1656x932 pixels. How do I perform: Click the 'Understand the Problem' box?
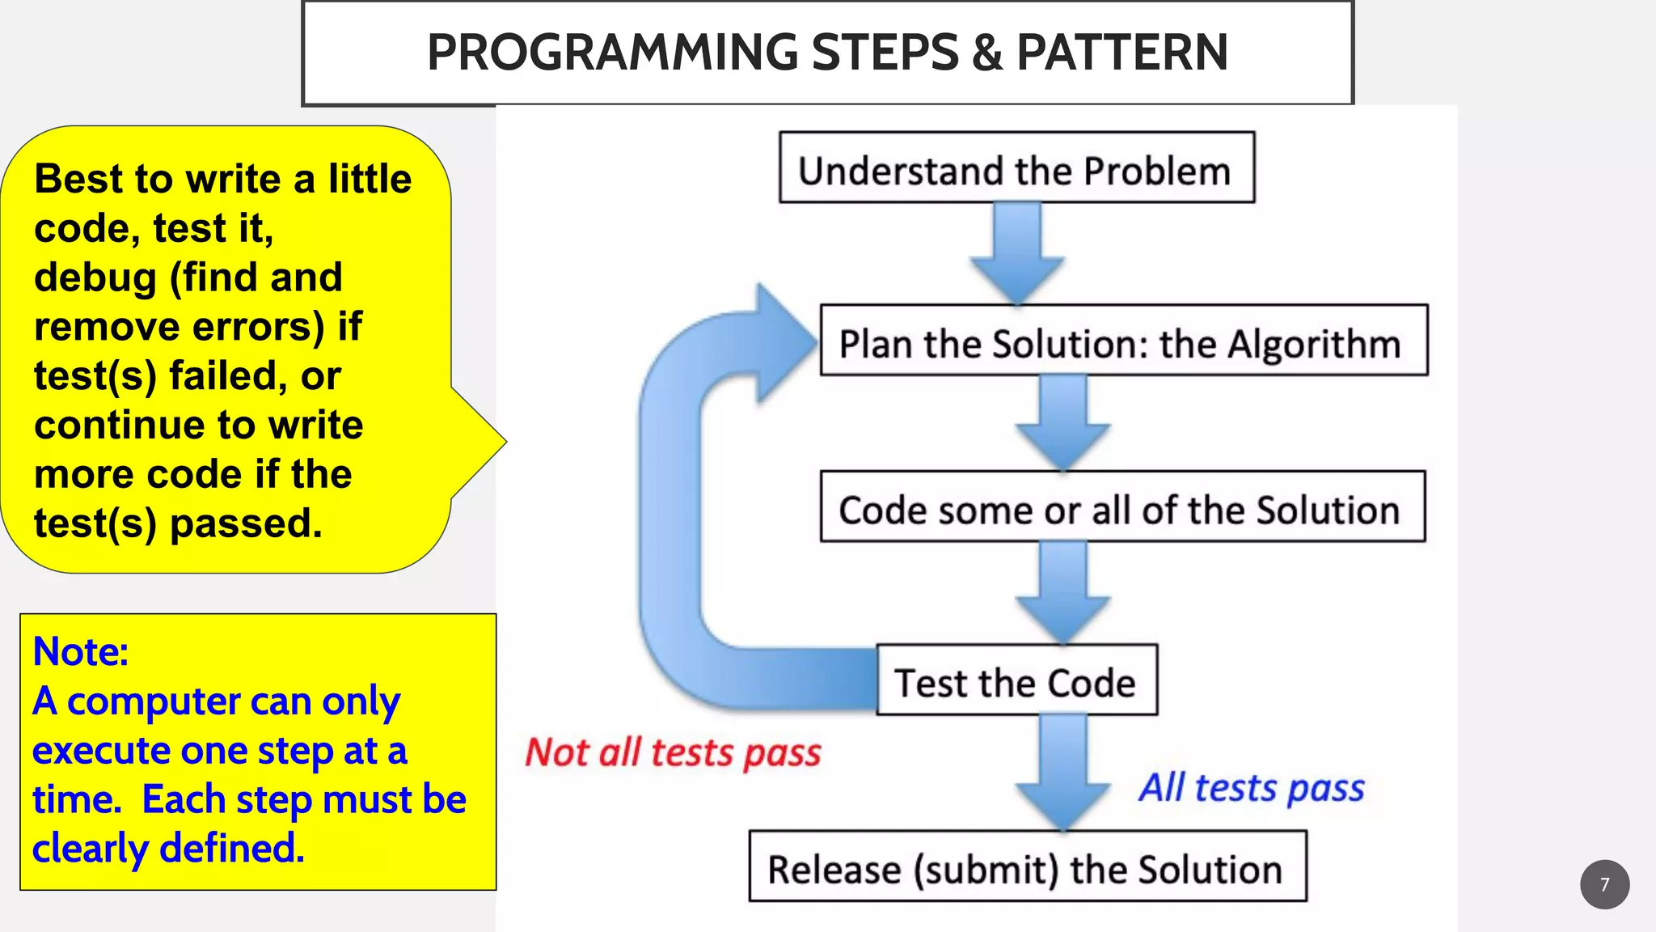(x=1016, y=167)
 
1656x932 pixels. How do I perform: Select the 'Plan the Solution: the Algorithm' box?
(x=1124, y=341)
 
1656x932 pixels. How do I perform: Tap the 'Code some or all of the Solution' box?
(x=1122, y=507)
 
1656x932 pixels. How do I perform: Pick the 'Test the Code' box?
(x=1016, y=680)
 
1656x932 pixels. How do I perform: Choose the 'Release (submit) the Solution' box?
(x=1027, y=866)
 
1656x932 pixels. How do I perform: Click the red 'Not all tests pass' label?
(x=673, y=753)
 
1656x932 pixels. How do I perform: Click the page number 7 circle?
(x=1604, y=884)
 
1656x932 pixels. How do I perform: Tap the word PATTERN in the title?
(x=1122, y=53)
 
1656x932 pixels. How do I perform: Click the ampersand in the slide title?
(x=987, y=53)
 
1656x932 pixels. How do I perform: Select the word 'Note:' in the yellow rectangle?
(x=81, y=652)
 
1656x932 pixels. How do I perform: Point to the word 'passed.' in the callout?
(x=247, y=523)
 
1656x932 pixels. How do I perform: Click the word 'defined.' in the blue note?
(x=232, y=849)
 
